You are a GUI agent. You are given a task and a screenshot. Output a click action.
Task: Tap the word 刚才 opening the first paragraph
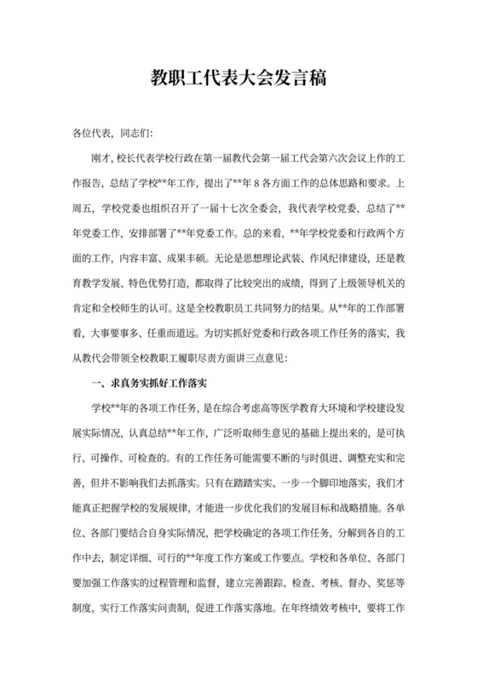(101, 160)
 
